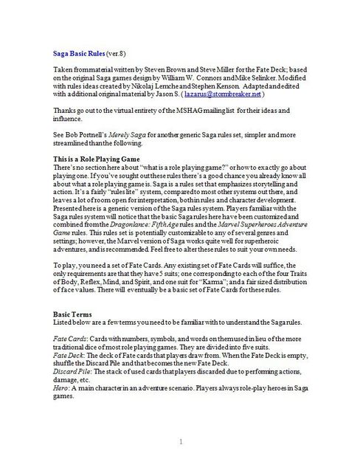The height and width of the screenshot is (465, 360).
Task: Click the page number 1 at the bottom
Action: click(180, 441)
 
